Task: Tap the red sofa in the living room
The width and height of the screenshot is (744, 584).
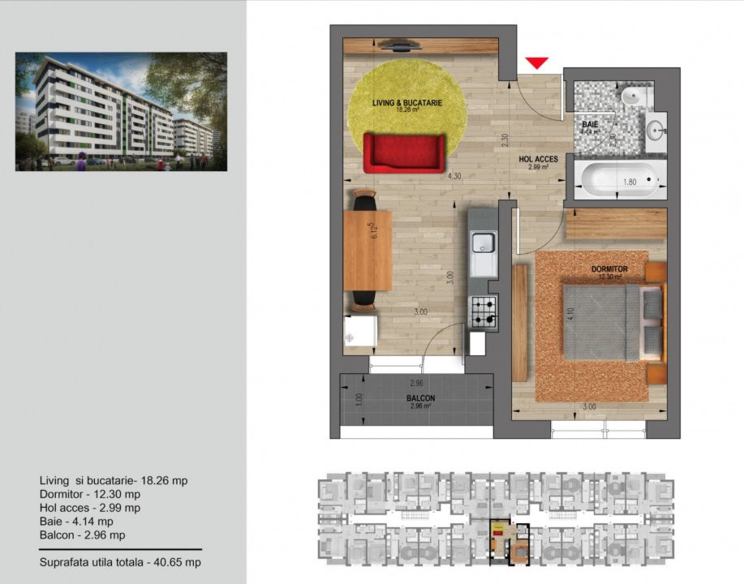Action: pyautogui.click(x=404, y=152)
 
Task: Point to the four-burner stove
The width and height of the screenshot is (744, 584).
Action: pyautogui.click(x=484, y=312)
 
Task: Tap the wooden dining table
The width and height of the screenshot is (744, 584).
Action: pyautogui.click(x=368, y=250)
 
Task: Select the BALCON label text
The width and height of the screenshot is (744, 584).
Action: pyautogui.click(x=421, y=398)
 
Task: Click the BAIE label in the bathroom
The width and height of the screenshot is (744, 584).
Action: pyautogui.click(x=589, y=126)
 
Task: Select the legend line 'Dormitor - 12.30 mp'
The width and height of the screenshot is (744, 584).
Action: pyautogui.click(x=89, y=494)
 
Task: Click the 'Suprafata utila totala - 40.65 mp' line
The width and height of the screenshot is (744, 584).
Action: pyautogui.click(x=120, y=562)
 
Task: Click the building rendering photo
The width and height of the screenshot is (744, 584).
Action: pyautogui.click(x=121, y=112)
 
